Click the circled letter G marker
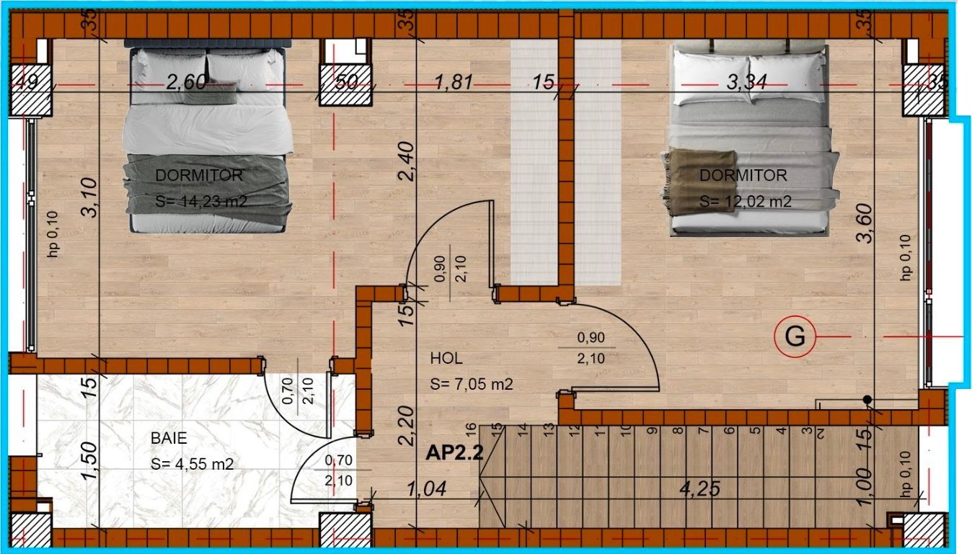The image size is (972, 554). (795, 336)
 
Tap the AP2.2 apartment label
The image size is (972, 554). (454, 452)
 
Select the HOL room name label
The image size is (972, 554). (446, 358)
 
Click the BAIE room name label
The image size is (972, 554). (168, 437)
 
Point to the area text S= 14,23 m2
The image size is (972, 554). (201, 202)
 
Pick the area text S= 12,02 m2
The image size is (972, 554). (746, 202)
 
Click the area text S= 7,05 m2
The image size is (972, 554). (471, 385)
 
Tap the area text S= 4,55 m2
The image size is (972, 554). (192, 464)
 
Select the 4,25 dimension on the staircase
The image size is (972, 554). (700, 488)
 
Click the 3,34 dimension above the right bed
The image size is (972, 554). (746, 82)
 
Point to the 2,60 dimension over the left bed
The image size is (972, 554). (187, 82)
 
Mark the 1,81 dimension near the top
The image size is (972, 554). (454, 82)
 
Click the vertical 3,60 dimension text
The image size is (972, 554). (865, 224)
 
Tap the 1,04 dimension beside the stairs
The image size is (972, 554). (426, 489)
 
